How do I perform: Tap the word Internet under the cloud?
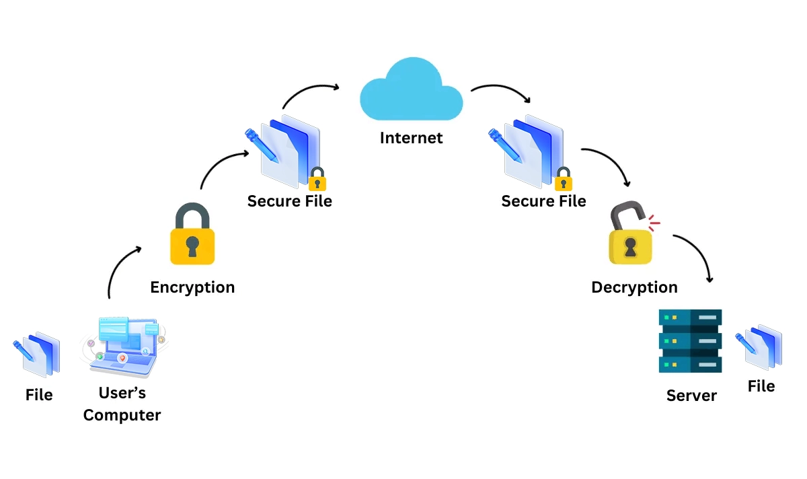coord(412,138)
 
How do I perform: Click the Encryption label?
coord(192,287)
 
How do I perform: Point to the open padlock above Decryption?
coord(631,235)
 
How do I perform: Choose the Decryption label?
coord(634,287)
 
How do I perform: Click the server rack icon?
coord(690,341)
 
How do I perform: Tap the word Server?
coord(691,396)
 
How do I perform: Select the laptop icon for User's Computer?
coord(124,347)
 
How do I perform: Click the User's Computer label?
coord(122,404)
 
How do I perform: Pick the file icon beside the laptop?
coord(38,353)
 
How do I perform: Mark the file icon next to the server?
coord(759,346)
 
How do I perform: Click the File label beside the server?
coord(761,386)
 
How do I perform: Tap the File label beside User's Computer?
coord(39,395)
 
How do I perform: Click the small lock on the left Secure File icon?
coord(317,180)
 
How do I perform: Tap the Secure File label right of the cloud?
coord(543,201)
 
